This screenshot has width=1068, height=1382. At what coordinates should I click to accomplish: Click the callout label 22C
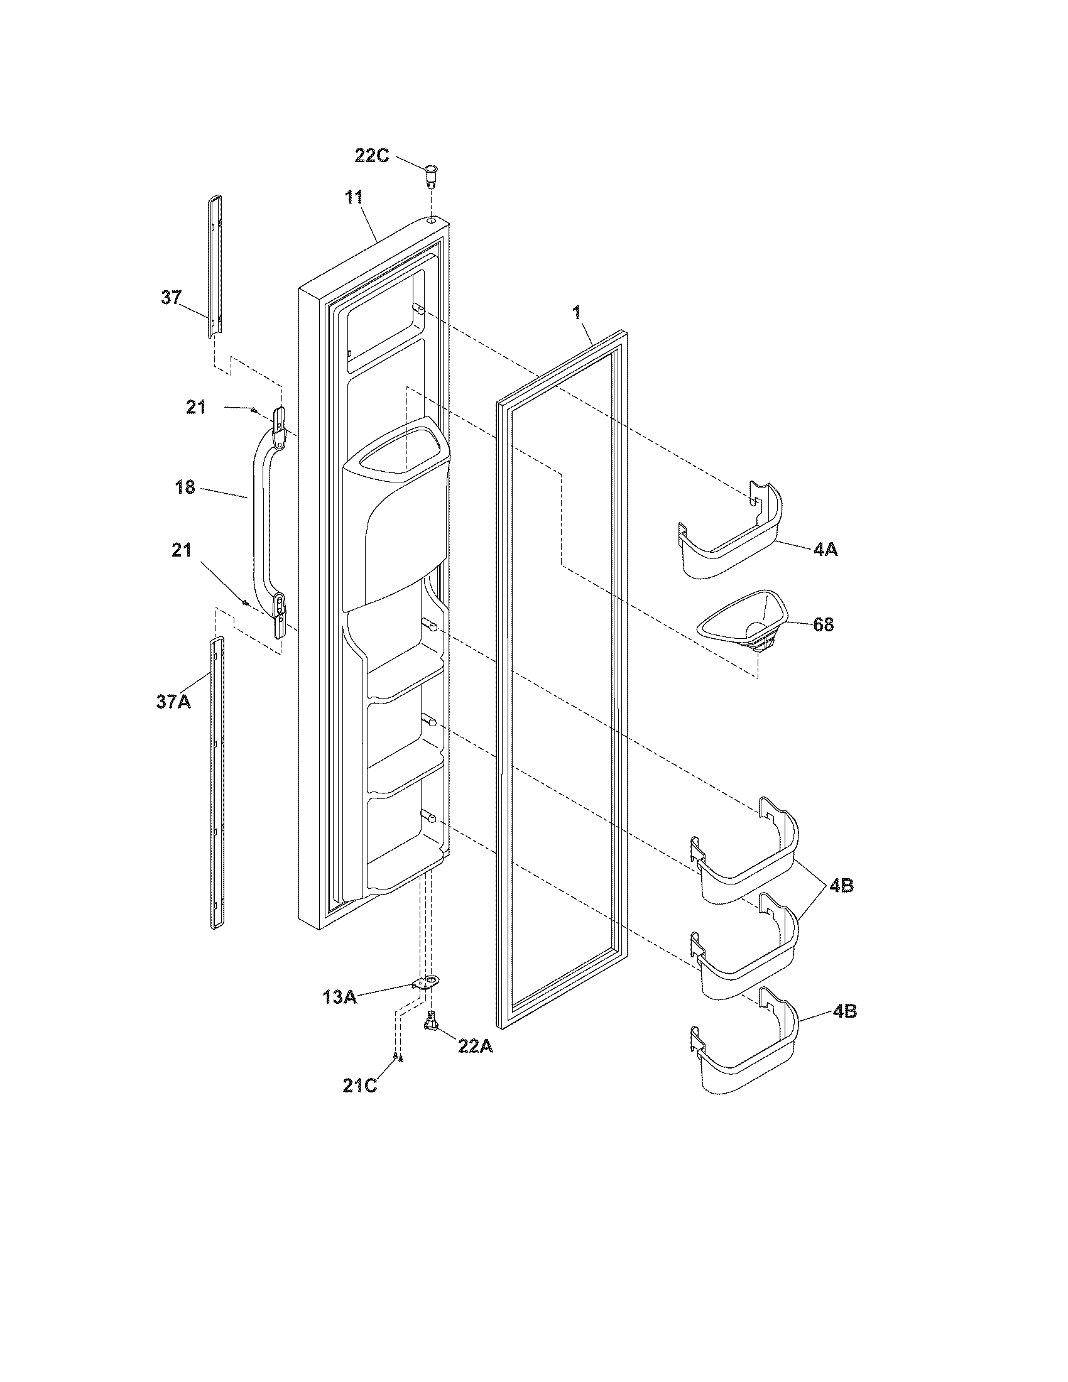[x=371, y=155]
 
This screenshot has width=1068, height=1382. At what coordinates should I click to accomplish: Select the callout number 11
[x=354, y=197]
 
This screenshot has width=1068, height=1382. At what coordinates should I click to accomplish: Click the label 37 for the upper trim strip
[x=171, y=297]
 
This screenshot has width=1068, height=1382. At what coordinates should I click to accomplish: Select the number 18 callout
[x=185, y=488]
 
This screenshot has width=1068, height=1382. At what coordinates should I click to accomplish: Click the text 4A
[x=825, y=549]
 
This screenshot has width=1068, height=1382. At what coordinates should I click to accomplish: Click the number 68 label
[x=823, y=625]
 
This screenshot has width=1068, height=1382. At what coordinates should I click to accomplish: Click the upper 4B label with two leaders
[x=841, y=886]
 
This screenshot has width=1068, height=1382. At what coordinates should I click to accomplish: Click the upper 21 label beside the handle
[x=195, y=407]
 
